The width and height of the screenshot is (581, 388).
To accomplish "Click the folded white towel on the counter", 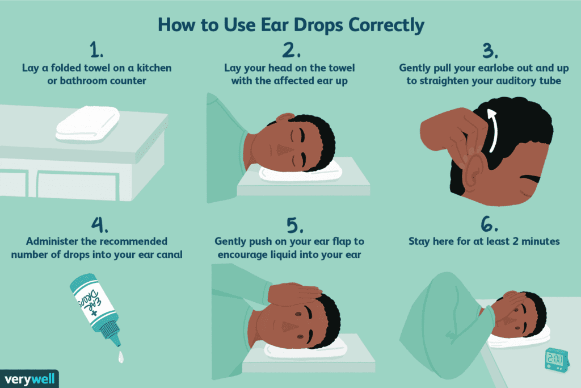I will (x=88, y=124).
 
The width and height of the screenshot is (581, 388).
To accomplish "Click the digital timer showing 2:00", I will (x=554, y=358).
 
